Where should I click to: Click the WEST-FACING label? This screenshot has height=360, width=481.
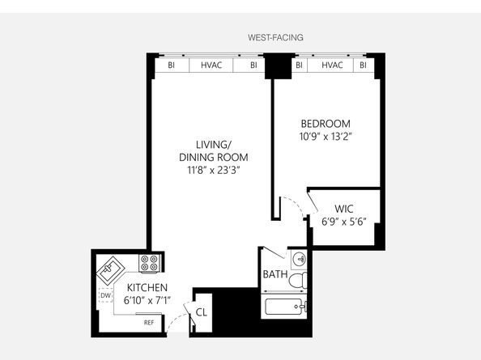tap(275, 37)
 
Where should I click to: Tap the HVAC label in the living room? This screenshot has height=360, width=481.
tap(211, 65)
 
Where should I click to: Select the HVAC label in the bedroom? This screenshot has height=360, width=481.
tap(332, 65)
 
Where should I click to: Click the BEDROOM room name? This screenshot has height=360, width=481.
tap(326, 124)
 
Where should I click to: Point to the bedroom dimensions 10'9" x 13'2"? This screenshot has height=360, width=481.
tap(326, 137)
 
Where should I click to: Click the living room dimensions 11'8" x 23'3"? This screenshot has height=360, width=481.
tap(214, 170)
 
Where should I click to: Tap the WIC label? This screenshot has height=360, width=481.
tap(344, 209)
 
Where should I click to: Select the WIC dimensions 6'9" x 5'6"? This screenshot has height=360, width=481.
tap(344, 222)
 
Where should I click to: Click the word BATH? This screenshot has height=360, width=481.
tap(275, 274)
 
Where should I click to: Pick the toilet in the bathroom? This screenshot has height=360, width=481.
tap(298, 280)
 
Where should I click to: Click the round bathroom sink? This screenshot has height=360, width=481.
tap(299, 260)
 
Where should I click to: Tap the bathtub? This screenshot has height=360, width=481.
tap(285, 307)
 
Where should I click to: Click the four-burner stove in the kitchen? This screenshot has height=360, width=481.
tap(149, 263)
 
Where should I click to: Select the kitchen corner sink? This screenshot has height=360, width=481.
tap(110, 271)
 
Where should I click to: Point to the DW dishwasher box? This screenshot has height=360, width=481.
tap(106, 295)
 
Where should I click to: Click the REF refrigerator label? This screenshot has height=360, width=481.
tap(149, 323)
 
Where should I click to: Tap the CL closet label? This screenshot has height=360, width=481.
tap(202, 312)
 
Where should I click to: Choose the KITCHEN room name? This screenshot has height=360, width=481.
tap(147, 288)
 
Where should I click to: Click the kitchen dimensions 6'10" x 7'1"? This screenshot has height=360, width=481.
tap(147, 301)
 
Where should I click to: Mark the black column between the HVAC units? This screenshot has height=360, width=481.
tap(278, 66)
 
